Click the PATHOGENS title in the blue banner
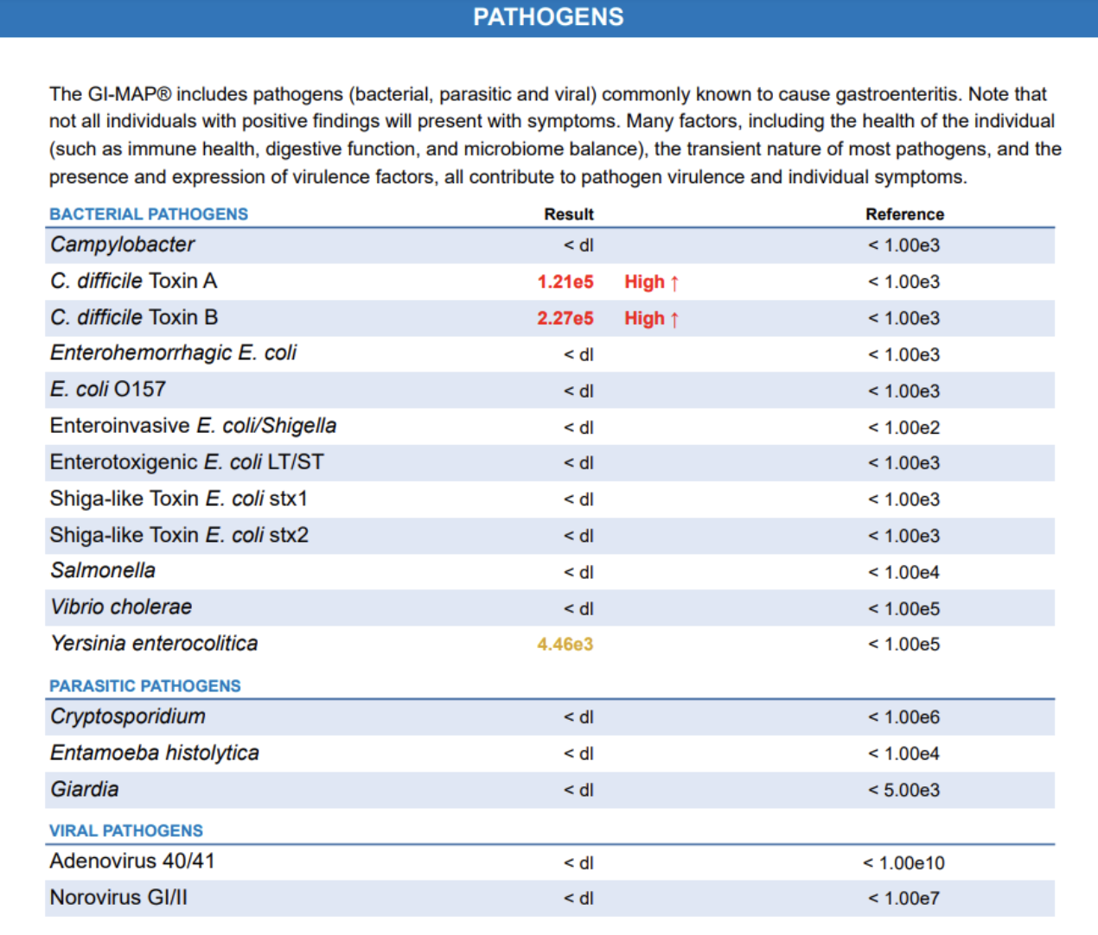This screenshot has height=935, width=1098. (548, 17)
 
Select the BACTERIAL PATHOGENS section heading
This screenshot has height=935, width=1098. (149, 214)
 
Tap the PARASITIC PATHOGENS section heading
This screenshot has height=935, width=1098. (145, 686)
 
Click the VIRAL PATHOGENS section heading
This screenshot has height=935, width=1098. (126, 831)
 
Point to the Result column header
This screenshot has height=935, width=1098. (568, 214)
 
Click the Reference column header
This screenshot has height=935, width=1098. (904, 214)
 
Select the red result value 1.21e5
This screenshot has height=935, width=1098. (565, 282)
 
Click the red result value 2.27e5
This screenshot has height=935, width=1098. (565, 318)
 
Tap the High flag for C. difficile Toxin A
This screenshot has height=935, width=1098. (652, 282)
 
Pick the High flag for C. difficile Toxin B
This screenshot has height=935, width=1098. (652, 318)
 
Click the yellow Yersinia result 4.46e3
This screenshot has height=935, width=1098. (565, 645)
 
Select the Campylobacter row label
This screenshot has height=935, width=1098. (123, 245)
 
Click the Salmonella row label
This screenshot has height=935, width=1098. (103, 570)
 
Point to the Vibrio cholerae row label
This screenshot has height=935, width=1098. (121, 607)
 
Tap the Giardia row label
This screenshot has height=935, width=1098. (85, 789)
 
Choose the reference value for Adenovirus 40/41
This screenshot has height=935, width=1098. (903, 863)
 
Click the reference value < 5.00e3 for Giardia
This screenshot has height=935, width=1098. (903, 790)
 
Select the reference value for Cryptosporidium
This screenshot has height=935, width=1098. (903, 717)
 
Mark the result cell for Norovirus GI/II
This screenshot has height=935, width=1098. (578, 899)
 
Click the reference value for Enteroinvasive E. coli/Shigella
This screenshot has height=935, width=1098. (903, 428)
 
